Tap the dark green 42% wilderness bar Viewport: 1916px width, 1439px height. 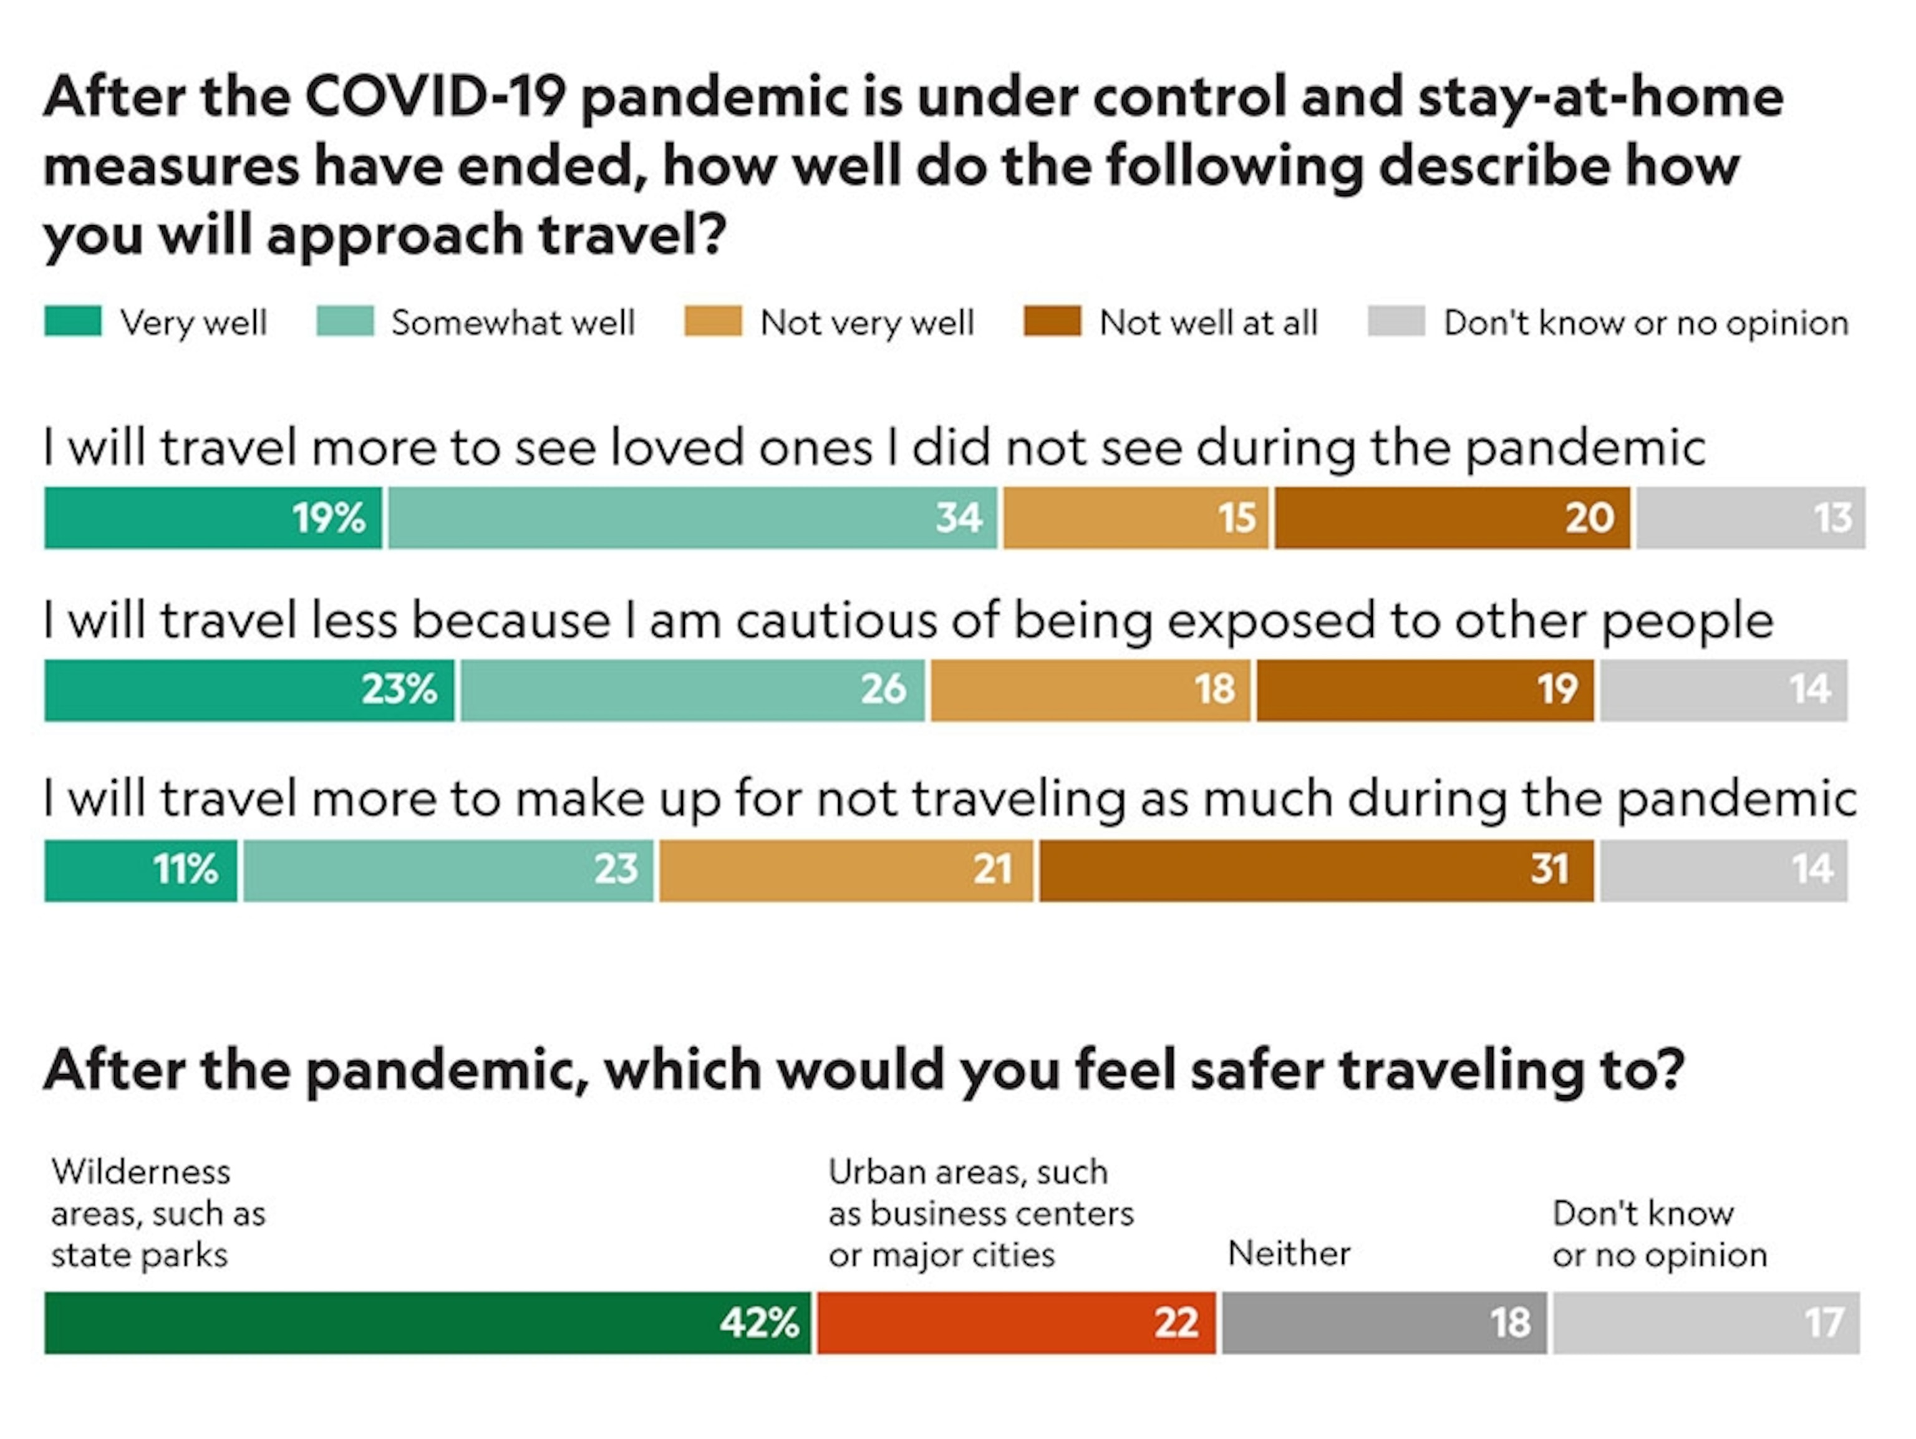[x=427, y=1323]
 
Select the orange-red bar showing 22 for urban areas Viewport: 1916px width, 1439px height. [x=1016, y=1323]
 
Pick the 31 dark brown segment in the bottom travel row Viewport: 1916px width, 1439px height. [x=1316, y=870]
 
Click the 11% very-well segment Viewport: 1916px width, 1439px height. [x=140, y=870]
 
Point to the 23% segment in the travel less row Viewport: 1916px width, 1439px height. [x=249, y=690]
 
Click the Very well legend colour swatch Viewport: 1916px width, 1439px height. [x=73, y=321]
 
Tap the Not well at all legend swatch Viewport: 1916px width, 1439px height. [x=1052, y=321]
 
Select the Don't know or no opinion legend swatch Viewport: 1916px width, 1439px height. [x=1395, y=321]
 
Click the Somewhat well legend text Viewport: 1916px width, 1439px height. [x=513, y=323]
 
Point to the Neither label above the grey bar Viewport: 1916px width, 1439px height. [x=1289, y=1254]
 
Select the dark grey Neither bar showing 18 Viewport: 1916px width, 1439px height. [x=1383, y=1323]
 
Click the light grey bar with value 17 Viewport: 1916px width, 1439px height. [x=1706, y=1323]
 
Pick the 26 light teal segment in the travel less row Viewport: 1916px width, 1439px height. [x=692, y=690]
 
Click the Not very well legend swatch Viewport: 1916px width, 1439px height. [x=713, y=321]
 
